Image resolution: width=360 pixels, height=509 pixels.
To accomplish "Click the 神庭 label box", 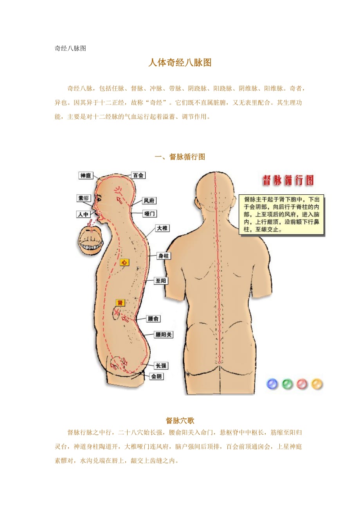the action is (x=86, y=176).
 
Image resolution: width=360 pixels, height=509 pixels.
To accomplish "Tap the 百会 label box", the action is (x=138, y=175).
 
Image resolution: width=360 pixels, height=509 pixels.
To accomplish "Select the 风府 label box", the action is (x=149, y=201).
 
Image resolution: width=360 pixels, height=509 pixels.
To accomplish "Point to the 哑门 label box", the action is (x=149, y=213).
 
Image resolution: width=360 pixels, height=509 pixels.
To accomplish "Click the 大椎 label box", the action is (x=162, y=228).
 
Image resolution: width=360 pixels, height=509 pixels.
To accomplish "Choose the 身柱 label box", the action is (x=164, y=256).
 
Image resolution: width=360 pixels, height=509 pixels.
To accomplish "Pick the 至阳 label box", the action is (x=161, y=281).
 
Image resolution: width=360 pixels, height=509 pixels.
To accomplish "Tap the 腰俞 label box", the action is (x=153, y=319).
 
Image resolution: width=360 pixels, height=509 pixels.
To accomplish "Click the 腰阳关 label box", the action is (x=164, y=335).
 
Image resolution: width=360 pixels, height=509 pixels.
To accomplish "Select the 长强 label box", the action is (x=161, y=366).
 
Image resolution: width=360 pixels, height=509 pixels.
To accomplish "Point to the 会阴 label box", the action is (x=157, y=376).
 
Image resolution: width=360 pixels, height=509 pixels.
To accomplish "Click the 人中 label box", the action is (x=83, y=214).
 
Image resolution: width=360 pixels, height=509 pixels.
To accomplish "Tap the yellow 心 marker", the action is (x=124, y=262).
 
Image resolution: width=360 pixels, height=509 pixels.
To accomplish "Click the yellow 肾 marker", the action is (x=120, y=303).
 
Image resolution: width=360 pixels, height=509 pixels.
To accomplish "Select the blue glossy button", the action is (x=272, y=384).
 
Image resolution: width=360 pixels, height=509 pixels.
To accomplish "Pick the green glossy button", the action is (x=287, y=384).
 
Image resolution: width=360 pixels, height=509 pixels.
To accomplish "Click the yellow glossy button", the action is (x=317, y=384).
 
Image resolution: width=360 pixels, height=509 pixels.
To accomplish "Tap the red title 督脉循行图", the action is (x=288, y=181).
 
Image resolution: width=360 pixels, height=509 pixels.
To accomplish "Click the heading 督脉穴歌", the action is (x=180, y=421).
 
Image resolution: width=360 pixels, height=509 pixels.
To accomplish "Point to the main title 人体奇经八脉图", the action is (x=180, y=63).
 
